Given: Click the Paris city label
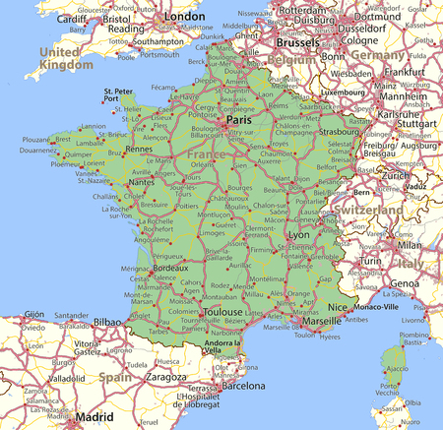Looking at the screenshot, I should point(239,119).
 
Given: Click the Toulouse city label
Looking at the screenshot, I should point(221,312).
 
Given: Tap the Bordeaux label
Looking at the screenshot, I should point(170,267).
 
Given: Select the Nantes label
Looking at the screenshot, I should point(141,182).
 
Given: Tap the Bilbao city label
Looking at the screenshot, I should point(108,322).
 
